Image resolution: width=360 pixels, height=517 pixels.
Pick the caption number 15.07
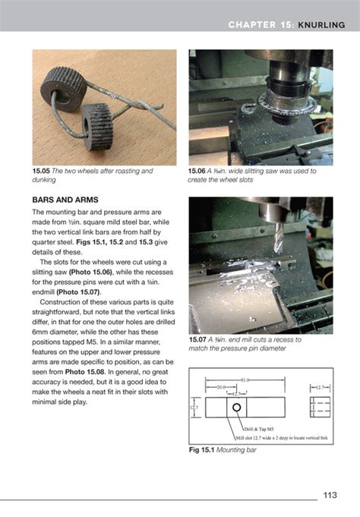[x=200, y=339]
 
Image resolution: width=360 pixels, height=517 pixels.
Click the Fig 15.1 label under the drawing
[x=204, y=450]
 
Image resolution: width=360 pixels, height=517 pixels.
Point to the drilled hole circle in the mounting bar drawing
[x=238, y=407]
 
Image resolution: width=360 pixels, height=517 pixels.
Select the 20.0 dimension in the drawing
[x=219, y=386]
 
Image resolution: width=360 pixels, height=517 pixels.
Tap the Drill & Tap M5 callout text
[x=261, y=430]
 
